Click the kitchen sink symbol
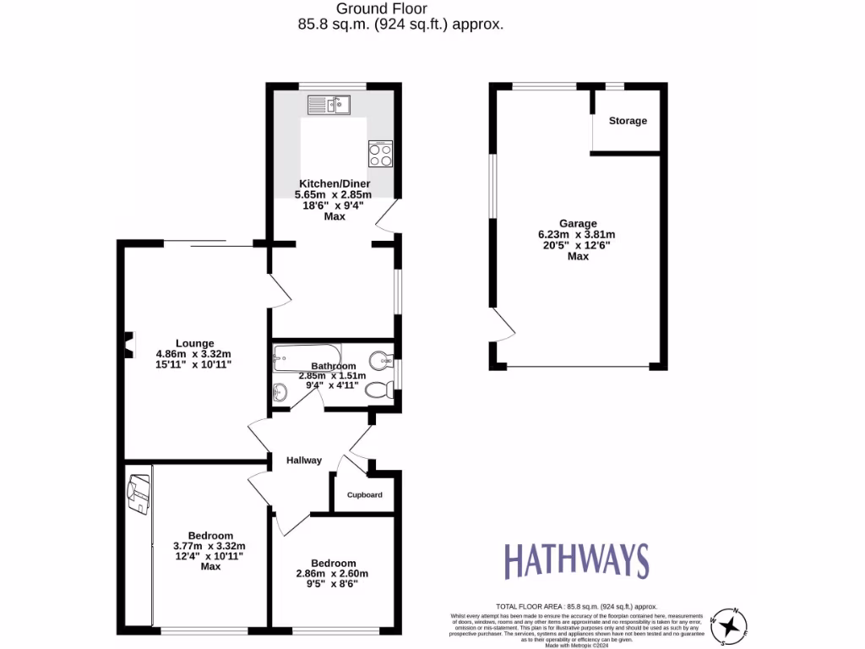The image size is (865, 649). pos(329,105)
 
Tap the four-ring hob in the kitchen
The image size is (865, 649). pos(380,154)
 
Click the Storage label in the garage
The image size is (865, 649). pos(628,121)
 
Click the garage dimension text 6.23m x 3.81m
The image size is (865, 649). pos(577,235)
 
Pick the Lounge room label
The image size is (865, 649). pos(193,342)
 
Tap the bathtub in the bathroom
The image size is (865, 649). pos(307,358)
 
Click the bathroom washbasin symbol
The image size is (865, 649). pos(280,392)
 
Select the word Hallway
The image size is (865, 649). pos(304,461)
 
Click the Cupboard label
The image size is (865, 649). pos(364,495)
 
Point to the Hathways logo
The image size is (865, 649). pos(576,561)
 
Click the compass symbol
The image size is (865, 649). pos(728,626)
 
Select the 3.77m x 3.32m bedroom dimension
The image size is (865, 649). pos(209,546)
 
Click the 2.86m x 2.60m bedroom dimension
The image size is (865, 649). pos(333,574)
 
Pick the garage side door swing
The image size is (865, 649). pos(502,326)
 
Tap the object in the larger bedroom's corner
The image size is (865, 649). pos(139,494)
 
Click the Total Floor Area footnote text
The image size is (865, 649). pos(576,607)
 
